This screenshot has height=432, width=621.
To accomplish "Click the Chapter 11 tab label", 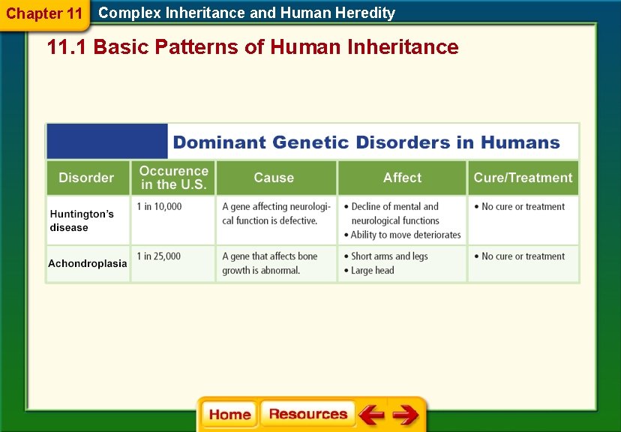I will (44, 13).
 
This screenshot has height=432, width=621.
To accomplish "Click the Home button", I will (229, 415).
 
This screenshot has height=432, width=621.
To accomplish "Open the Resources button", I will (307, 415).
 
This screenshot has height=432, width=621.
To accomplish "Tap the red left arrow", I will (370, 415).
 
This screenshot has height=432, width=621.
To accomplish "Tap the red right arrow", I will (406, 415).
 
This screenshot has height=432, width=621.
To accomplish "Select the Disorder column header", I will (86, 178).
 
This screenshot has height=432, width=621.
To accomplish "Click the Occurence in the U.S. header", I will (173, 178).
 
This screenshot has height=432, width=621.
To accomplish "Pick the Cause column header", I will (274, 178).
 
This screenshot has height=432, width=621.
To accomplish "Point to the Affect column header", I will (402, 178).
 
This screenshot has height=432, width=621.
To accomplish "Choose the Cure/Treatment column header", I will (523, 178).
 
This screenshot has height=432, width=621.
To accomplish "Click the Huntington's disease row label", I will (82, 220).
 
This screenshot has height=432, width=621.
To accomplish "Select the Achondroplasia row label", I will (87, 263).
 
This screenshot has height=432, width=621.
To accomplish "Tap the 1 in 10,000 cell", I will (159, 207).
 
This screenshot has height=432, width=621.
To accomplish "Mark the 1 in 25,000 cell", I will (159, 256).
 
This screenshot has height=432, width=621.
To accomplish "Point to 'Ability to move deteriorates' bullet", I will (405, 235).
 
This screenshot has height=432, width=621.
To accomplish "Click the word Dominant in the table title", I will (219, 142).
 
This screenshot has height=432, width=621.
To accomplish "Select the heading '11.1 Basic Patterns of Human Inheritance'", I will (252, 47).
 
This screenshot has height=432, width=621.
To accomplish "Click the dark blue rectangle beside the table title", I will (107, 141).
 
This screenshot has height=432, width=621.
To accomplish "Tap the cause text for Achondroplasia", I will (269, 263).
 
